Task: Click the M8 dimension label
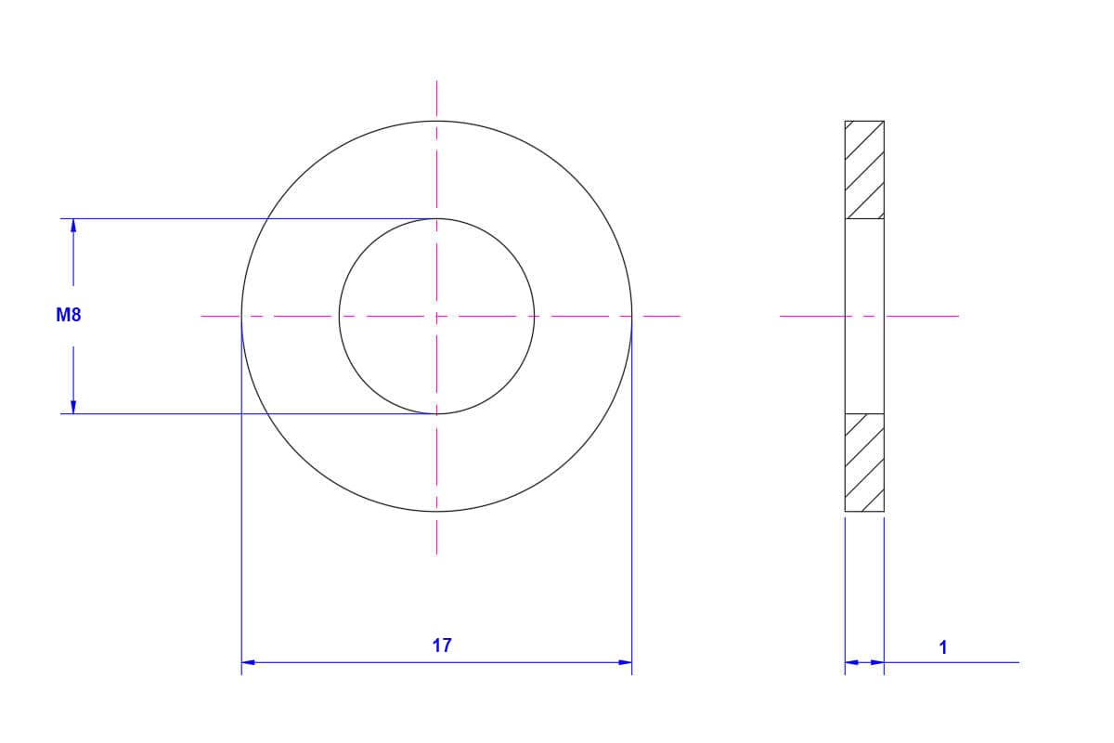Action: pos(69,315)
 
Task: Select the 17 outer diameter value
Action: pos(442,645)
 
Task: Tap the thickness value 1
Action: pos(943,647)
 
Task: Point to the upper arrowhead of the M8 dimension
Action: pos(73,226)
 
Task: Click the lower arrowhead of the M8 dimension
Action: pos(73,407)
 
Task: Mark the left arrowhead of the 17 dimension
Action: pos(248,662)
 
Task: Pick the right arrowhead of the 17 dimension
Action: pos(625,662)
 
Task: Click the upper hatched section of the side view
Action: pos(864,170)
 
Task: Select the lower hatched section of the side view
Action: pos(864,463)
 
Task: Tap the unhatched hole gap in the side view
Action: pos(864,316)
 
